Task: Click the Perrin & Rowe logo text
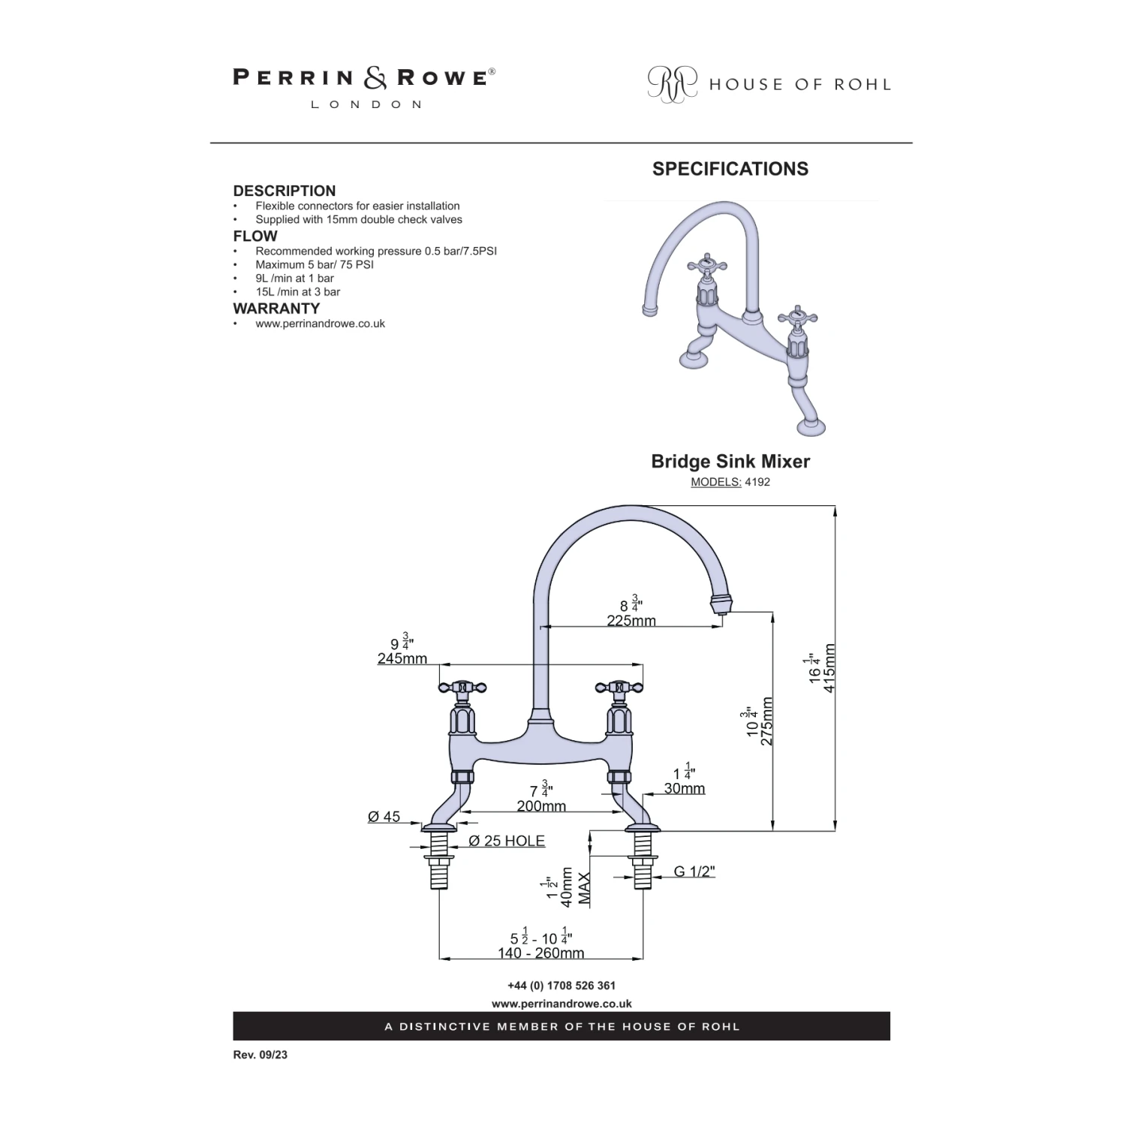tap(363, 78)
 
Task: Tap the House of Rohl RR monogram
tap(672, 83)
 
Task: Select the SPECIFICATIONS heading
tap(730, 169)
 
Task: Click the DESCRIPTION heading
tap(284, 191)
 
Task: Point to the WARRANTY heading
tap(276, 309)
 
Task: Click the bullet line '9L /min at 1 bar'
tap(294, 278)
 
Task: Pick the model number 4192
tap(757, 482)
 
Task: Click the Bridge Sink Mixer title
tap(730, 461)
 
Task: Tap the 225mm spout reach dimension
tap(631, 621)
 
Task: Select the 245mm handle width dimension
tap(402, 658)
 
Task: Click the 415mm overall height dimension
tap(829, 668)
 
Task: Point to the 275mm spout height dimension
tap(766, 721)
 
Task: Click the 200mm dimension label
tap(541, 806)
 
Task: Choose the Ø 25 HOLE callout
tap(507, 841)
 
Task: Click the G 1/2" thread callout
tap(694, 872)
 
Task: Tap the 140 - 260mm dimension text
tap(540, 953)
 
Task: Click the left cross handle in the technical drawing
tap(462, 687)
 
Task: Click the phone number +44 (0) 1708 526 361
tap(561, 986)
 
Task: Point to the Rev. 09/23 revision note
tap(260, 1055)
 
